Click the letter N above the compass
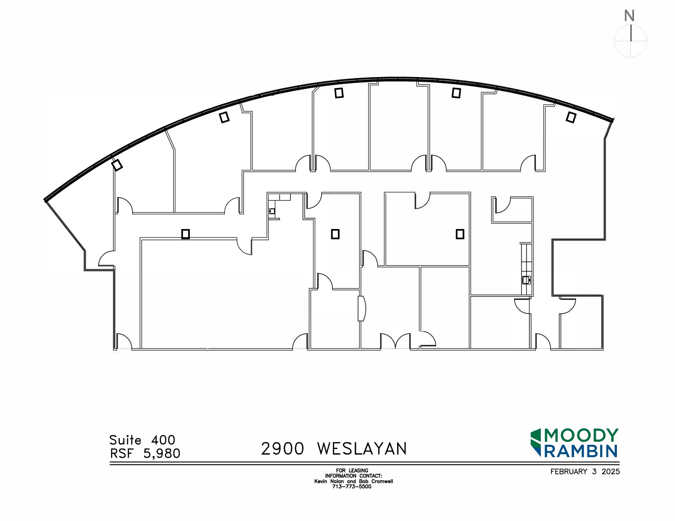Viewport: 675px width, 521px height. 629,16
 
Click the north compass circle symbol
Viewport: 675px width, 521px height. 631,41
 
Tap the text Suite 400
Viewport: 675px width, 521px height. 142,440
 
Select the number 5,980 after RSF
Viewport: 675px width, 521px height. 162,454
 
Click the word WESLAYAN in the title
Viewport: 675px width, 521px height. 362,449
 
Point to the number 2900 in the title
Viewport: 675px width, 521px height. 282,449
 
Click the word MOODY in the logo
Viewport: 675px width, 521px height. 581,435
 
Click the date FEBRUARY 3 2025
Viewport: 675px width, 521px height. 585,472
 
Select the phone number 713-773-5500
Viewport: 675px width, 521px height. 352,486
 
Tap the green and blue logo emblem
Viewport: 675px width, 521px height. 536,443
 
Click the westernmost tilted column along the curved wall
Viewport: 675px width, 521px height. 117,165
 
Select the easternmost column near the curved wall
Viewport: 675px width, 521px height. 571,117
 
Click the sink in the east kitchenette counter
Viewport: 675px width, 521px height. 526,280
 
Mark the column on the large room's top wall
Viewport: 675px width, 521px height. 186,234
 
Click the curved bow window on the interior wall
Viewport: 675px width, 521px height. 362,308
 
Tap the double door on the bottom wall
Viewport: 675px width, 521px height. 395,342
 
